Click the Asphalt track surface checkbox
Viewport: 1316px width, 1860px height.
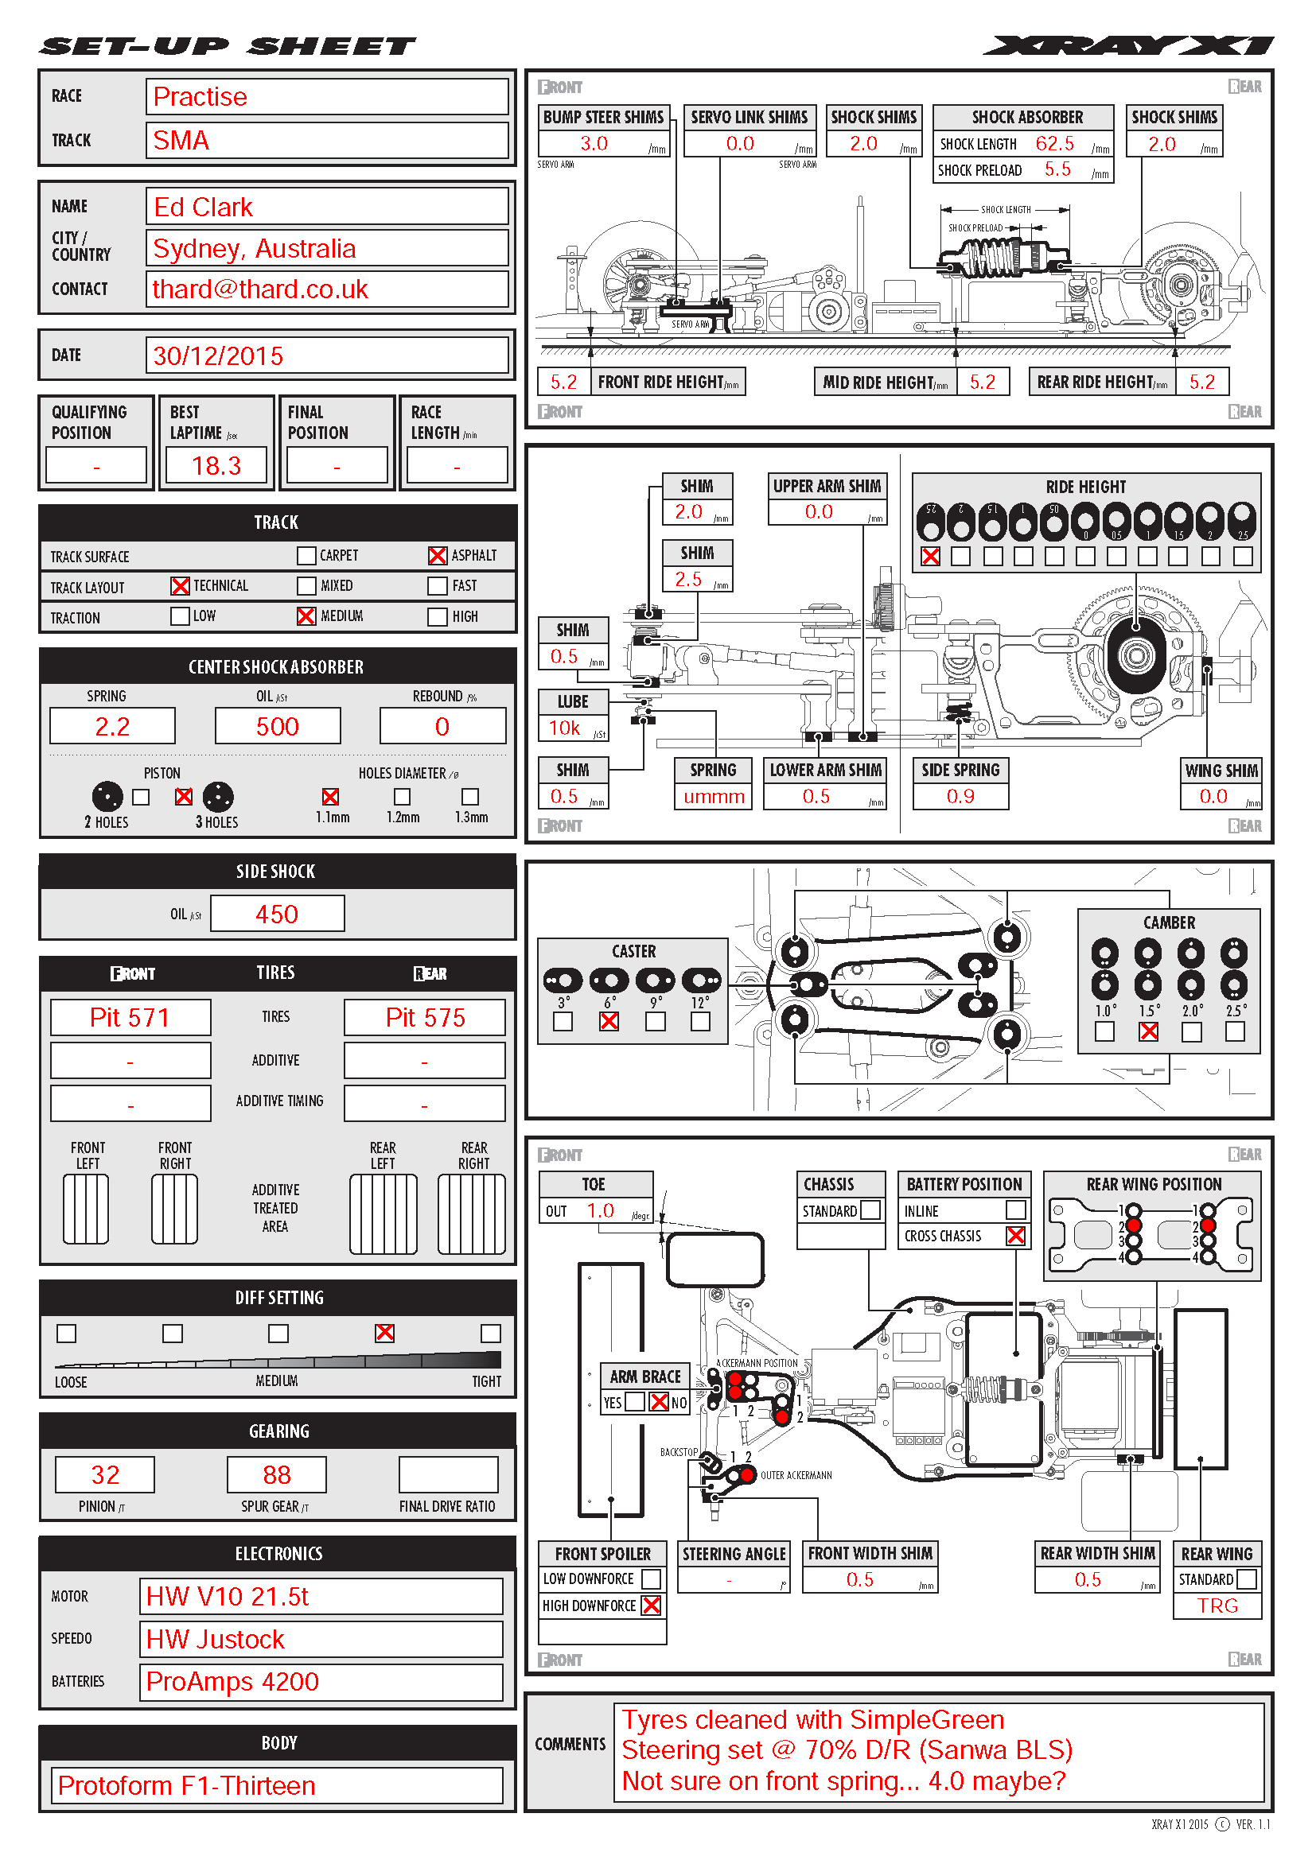pos(437,556)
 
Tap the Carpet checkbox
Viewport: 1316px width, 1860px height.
pos(306,556)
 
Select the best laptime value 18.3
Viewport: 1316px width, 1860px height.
pos(216,466)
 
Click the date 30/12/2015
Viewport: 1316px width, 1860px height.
pos(219,355)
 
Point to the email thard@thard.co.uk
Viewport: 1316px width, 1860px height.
pos(260,289)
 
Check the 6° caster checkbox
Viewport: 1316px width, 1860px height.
pos(609,1022)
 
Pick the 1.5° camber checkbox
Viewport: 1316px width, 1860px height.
pos(1148,1031)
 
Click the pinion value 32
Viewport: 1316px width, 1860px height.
pos(105,1474)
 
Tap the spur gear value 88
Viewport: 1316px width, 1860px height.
pos(276,1474)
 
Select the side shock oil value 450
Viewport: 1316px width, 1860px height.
pos(277,914)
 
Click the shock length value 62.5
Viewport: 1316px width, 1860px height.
pos(1055,143)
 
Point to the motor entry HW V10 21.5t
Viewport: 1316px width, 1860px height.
pos(228,1596)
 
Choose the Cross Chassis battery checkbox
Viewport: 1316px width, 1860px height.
pos(1015,1236)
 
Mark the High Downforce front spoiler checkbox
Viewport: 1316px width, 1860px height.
pos(651,1605)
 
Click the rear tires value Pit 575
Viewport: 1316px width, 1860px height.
pos(426,1018)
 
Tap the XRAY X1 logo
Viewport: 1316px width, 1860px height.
pos(1128,46)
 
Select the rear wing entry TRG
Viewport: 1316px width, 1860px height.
pos(1217,1606)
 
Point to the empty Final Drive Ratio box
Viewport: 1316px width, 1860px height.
pos(448,1474)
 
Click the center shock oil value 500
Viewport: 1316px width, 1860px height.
pos(277,726)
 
